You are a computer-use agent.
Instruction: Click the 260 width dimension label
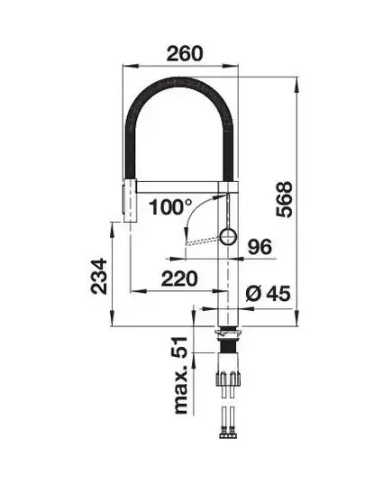(185, 53)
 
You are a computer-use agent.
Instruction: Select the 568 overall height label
(284, 199)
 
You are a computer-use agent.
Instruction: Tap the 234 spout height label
(98, 277)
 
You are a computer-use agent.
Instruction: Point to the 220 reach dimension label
(179, 279)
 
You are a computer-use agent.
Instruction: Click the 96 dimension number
(260, 247)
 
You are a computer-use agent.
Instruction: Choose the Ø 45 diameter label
(269, 293)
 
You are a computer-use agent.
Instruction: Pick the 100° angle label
(170, 206)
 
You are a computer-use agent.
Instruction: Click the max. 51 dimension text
(181, 375)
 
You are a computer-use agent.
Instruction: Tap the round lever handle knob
(228, 236)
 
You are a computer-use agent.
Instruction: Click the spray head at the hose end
(130, 200)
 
